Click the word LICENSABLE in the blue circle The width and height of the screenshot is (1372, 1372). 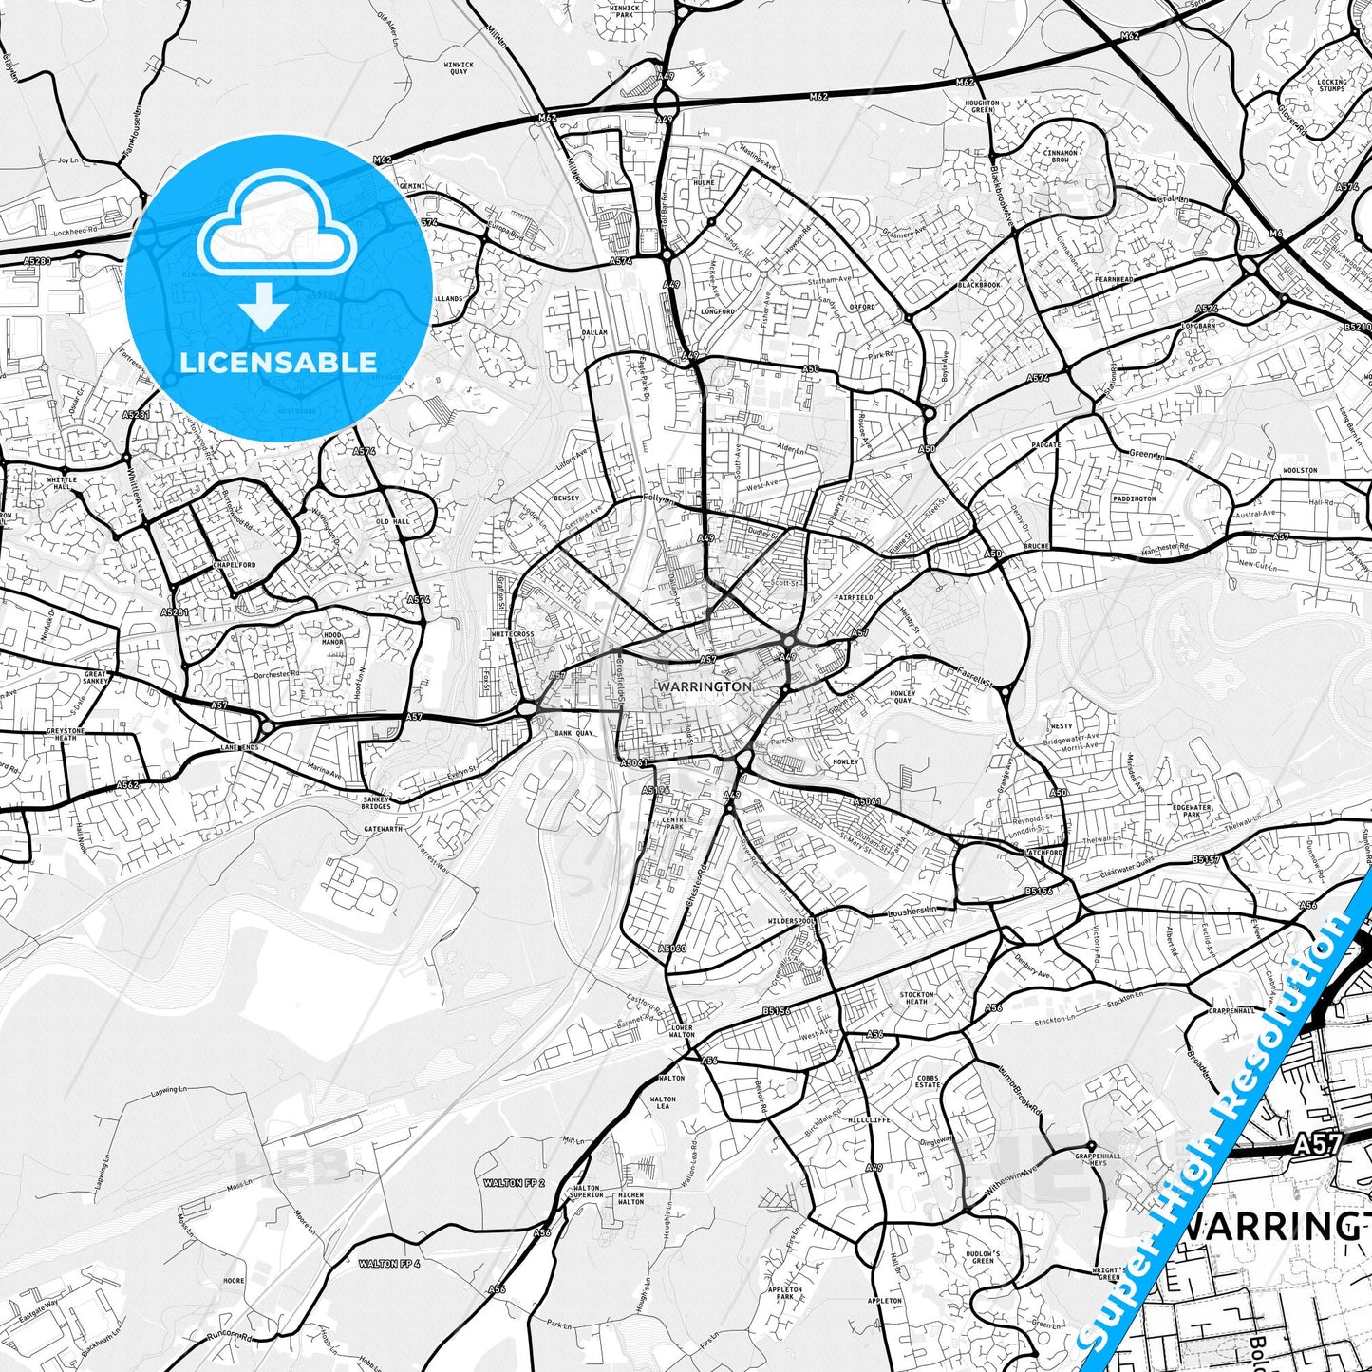[x=278, y=362]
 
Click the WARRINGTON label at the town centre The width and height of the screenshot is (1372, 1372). [x=705, y=686]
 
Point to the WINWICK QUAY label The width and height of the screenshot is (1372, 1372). [x=459, y=68]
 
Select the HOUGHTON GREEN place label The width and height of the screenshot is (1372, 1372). [x=982, y=106]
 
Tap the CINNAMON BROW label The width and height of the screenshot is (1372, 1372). [x=1061, y=156]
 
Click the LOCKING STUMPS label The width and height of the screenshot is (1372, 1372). [x=1331, y=85]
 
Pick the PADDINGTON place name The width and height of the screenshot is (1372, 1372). [x=1135, y=498]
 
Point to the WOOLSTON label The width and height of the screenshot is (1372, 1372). [x=1300, y=470]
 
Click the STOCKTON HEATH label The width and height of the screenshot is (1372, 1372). [x=916, y=998]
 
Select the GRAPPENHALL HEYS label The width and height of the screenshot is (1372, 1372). [x=1091, y=1159]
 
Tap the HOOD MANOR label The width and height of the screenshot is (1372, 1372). [x=332, y=638]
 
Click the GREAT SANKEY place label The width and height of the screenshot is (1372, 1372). [x=95, y=677]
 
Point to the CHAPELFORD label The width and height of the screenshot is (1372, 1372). [x=234, y=565]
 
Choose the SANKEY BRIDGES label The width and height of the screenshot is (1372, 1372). [x=376, y=803]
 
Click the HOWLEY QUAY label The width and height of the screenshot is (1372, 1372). [x=902, y=697]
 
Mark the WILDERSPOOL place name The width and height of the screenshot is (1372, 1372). [x=791, y=921]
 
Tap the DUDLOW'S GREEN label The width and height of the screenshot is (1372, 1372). [x=983, y=1257]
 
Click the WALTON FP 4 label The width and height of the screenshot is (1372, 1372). [x=388, y=1264]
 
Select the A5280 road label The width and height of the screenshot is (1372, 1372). [x=37, y=260]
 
